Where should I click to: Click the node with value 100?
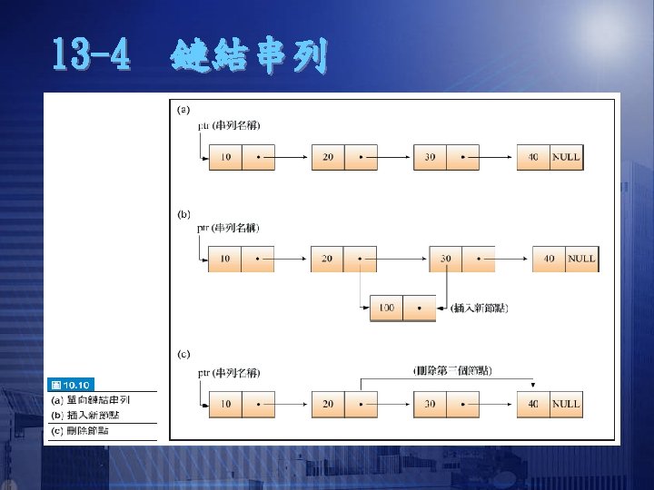point(386,309)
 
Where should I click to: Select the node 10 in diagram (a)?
point(224,157)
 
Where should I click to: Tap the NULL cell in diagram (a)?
point(565,157)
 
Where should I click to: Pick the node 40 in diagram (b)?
point(549,259)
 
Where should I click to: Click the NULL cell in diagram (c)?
point(565,404)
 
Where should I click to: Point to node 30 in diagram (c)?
point(430,404)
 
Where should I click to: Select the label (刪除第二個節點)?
point(452,370)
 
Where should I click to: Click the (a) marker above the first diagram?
point(183,110)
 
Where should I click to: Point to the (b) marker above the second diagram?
point(183,214)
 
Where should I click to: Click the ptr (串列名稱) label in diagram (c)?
point(228,372)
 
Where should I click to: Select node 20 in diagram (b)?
point(327,259)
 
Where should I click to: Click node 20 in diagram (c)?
point(328,404)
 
